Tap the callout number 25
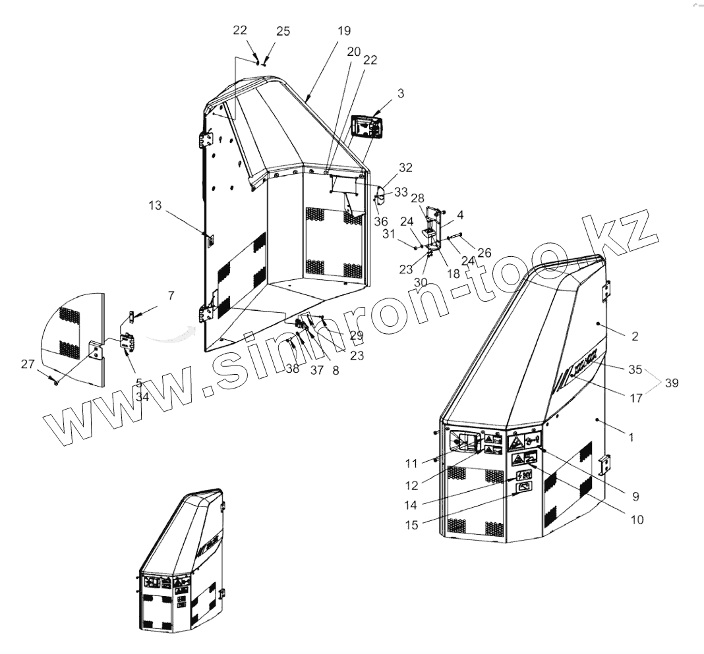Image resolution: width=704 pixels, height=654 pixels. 283,32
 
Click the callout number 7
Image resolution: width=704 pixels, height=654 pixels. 171,296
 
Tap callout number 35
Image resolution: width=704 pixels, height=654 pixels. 635,369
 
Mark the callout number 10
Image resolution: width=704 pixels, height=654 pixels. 636,520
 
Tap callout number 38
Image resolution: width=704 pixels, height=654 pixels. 293,369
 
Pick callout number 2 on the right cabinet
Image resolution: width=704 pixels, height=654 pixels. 634,337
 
